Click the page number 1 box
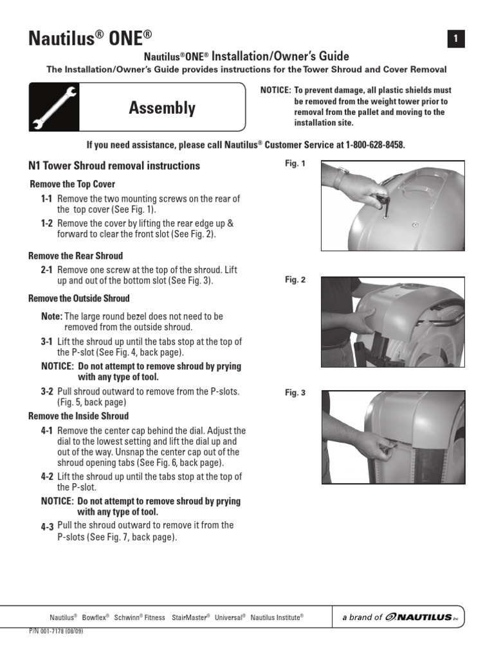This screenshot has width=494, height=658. tap(455, 39)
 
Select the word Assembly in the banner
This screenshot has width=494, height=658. tap(162, 108)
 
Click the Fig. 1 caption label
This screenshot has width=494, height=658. tap(295, 164)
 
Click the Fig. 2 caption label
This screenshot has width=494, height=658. tap(295, 280)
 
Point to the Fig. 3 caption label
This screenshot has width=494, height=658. tap(295, 393)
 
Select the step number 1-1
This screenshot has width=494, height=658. tap(47, 199)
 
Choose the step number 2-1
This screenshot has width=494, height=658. tap(47, 271)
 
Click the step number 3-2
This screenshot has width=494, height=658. tap(47, 391)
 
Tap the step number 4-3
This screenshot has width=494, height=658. tap(47, 526)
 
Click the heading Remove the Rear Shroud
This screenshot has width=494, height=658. tap(75, 256)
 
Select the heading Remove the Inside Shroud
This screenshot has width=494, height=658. tap(78, 416)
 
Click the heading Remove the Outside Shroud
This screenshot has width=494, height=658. tap(79, 298)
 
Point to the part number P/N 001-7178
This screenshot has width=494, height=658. tap(56, 632)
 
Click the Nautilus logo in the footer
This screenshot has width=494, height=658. tap(425, 617)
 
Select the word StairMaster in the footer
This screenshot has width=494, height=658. tap(190, 617)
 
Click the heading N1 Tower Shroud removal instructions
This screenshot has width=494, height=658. tap(114, 166)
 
